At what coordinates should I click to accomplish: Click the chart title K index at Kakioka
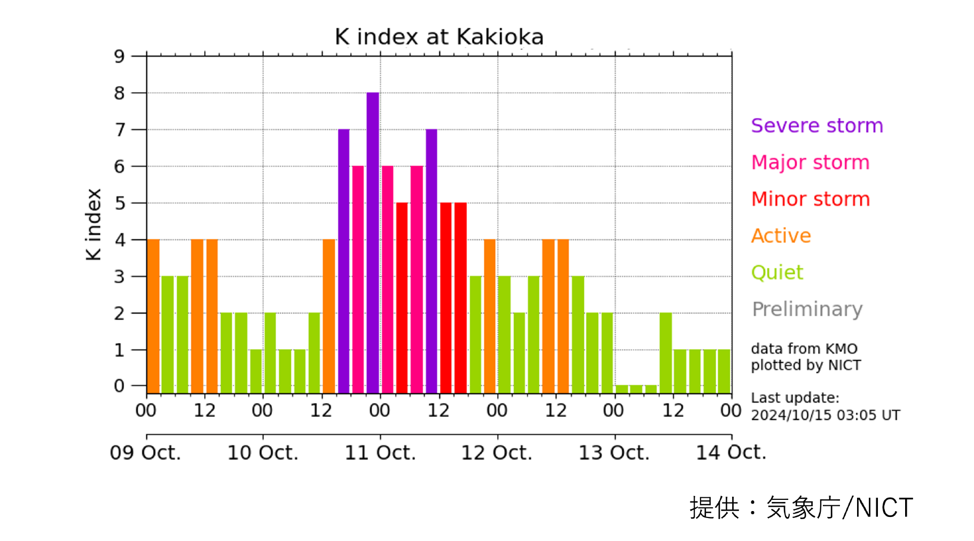[x=439, y=37]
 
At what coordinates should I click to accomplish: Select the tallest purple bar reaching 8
[x=373, y=241]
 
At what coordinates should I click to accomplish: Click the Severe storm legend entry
[x=816, y=126]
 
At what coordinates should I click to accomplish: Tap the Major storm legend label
[x=810, y=163]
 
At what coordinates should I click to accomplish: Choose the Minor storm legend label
[x=810, y=199]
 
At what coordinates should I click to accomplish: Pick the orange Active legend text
[x=781, y=236]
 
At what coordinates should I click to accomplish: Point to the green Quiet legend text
[x=777, y=273]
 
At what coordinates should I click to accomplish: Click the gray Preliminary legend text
[x=807, y=310]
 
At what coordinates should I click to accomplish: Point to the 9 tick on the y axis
[x=119, y=56]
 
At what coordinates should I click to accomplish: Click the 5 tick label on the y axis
[x=120, y=203]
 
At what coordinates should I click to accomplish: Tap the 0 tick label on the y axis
[x=119, y=386]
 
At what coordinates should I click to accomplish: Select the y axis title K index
[x=93, y=225]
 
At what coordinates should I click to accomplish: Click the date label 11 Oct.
[x=380, y=453]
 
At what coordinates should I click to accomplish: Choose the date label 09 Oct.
[x=145, y=453]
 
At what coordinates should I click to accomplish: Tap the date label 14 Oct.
[x=730, y=453]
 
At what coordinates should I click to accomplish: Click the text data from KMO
[x=804, y=349]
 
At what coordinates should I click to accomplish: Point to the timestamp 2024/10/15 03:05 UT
[x=825, y=415]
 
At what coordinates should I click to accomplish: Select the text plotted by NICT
[x=806, y=365]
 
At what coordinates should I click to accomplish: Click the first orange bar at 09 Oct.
[x=153, y=315]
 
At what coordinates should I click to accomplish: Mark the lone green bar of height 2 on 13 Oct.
[x=665, y=353]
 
